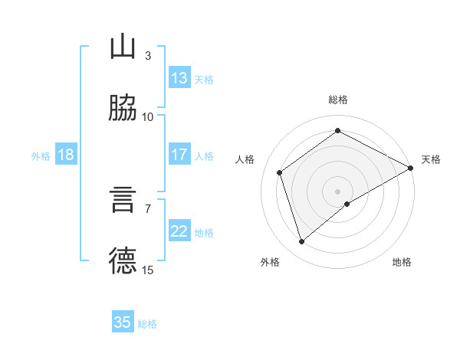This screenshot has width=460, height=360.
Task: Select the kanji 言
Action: click(123, 199)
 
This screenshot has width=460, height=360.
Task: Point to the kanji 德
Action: click(123, 260)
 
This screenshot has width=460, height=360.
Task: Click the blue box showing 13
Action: click(179, 78)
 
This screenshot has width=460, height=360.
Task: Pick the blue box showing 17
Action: click(179, 155)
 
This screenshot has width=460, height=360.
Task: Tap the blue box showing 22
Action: click(179, 232)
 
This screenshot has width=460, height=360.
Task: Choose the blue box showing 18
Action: click(66, 155)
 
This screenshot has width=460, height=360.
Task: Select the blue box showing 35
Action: click(123, 322)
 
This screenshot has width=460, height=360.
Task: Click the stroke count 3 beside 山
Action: click(148, 56)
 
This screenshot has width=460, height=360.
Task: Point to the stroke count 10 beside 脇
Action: click(148, 116)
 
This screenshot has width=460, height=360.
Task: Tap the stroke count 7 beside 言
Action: click(148, 208)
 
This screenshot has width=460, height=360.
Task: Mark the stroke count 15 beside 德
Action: click(148, 269)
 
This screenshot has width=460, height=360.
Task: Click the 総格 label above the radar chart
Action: click(338, 100)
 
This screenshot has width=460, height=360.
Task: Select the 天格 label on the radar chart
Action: click(431, 159)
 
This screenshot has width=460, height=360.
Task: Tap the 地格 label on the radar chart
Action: click(402, 263)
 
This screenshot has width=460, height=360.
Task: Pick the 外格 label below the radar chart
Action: click(270, 263)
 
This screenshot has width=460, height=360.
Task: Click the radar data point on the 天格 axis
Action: click(411, 168)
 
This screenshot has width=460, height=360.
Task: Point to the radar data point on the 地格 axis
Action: click(348, 204)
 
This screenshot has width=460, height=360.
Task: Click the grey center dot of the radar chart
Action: click(338, 191)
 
